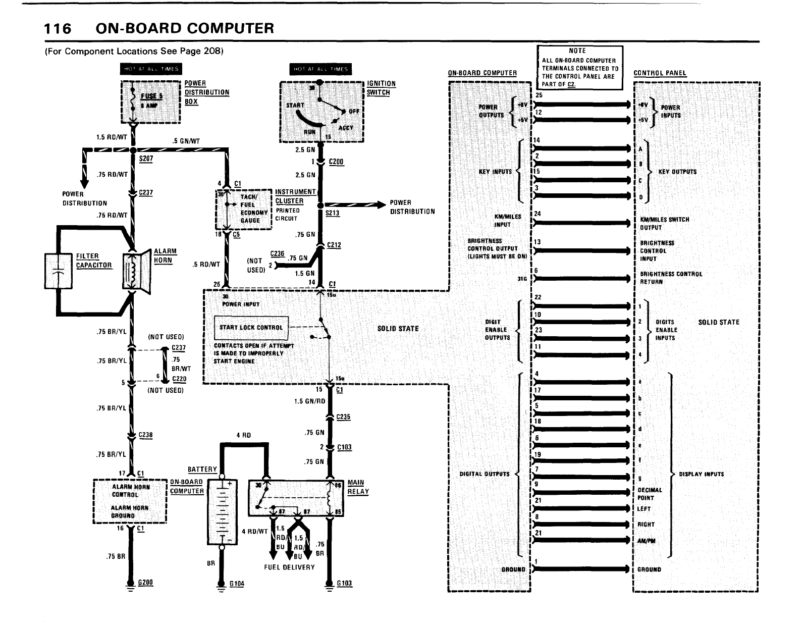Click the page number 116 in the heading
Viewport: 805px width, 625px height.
pos(58,28)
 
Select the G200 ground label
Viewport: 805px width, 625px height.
pos(145,583)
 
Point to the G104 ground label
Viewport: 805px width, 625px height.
pos(237,584)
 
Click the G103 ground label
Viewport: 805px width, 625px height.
pos(345,584)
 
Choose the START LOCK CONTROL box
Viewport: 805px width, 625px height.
pos(251,328)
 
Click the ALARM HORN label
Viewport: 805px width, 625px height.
pos(163,256)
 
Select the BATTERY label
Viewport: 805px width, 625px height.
pos(202,470)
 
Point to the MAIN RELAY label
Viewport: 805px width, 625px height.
pos(358,487)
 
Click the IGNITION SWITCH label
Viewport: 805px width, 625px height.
pos(381,88)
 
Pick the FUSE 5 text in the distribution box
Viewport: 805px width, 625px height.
pos(148,96)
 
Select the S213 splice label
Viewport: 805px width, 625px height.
pos(333,213)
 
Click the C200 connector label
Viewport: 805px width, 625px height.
pos(336,162)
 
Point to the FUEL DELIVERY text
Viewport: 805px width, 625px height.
pos(289,567)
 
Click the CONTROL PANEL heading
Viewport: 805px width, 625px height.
pos(660,73)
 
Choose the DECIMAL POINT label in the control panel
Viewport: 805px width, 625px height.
pos(650,494)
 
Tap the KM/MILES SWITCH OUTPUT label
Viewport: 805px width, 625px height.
pos(664,224)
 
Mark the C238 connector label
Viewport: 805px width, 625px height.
pos(145,435)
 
